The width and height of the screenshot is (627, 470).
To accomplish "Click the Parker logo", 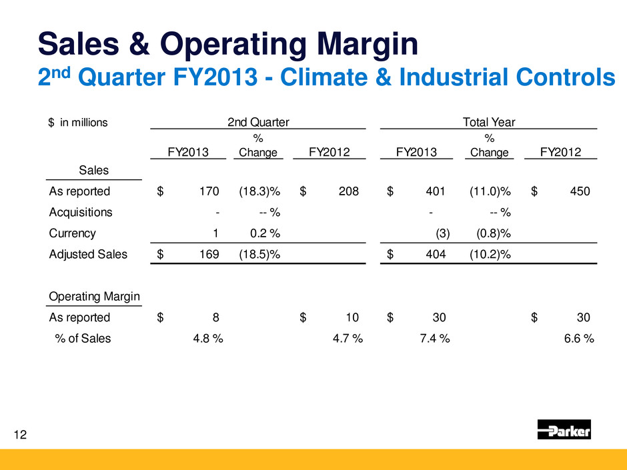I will pos(564,430).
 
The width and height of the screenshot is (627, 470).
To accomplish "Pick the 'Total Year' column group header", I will pos(488,121).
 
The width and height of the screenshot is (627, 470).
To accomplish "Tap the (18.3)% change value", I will pos(259,192).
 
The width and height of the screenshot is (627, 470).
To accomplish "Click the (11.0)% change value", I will pos(490,192).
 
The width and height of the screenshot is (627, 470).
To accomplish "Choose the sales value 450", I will pos(580,192).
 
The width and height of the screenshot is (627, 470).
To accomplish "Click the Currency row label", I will pos(72,233).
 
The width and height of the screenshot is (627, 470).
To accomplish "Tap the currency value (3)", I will pos(442,233).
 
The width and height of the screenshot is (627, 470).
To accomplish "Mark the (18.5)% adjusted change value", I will pos(259,254).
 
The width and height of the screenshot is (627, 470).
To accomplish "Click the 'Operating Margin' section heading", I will pos(93,296).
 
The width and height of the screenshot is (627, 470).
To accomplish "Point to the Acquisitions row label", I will pos(81,213).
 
